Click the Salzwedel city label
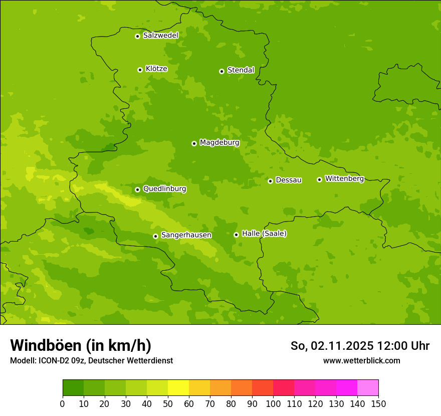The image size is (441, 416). pos(160,36)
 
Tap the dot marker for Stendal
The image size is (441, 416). pos(222,71)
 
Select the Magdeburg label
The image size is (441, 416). pos(219,143)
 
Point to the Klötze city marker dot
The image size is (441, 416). pos(140,70)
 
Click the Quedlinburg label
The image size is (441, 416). pos(164,189)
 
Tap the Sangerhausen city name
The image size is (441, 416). pos(186,235)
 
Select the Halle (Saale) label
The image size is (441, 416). pos(264,234)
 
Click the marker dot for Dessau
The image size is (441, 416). pos(270,181)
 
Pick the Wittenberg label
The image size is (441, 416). pos(344,178)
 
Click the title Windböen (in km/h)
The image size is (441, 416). pos(81,345)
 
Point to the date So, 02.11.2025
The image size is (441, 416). pos(332,346)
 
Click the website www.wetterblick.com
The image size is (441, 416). pos(361,360)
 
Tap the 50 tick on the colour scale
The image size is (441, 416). pos(168,403)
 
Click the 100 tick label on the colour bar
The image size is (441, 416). pos(273,403)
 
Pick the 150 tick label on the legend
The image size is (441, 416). pos(378,403)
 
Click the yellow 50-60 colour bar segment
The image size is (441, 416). pos(178,388)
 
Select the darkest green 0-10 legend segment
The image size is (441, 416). pos(73,388)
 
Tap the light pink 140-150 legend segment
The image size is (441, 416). pos(368,388)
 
